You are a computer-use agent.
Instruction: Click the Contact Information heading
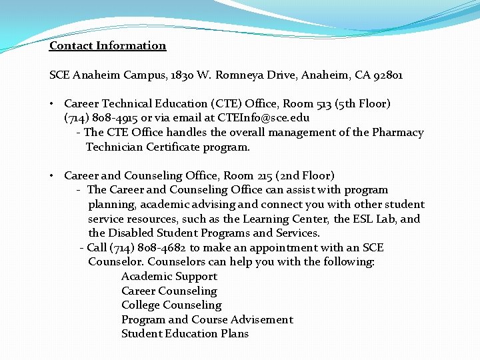107,46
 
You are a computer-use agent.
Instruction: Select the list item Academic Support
169,277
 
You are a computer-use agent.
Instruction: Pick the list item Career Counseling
169,291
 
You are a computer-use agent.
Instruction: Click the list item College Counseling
171,305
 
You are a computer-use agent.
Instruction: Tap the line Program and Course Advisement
207,320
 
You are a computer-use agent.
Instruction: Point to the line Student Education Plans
185,334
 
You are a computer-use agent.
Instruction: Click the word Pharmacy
398,133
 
